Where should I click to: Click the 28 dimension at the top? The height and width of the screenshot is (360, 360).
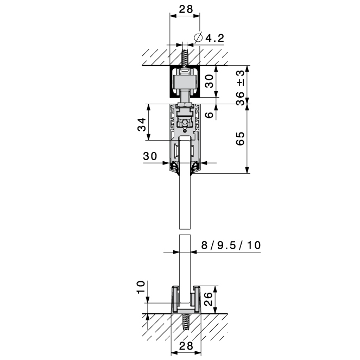pyautogui.click(x=186, y=9)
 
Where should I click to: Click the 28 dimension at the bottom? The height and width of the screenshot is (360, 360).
pyautogui.click(x=186, y=346)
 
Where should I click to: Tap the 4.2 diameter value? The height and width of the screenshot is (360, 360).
pyautogui.click(x=214, y=38)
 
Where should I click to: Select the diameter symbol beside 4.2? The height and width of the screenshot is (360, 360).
pyautogui.click(x=198, y=37)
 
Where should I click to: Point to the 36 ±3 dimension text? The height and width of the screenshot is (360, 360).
pyautogui.click(x=240, y=88)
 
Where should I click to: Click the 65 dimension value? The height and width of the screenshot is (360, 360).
pyautogui.click(x=240, y=138)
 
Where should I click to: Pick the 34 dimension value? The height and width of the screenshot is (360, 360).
pyautogui.click(x=142, y=124)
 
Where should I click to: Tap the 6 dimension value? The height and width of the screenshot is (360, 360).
pyautogui.click(x=209, y=115)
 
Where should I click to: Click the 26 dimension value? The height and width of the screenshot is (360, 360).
pyautogui.click(x=209, y=299)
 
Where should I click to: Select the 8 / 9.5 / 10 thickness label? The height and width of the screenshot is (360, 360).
pyautogui.click(x=231, y=245)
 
